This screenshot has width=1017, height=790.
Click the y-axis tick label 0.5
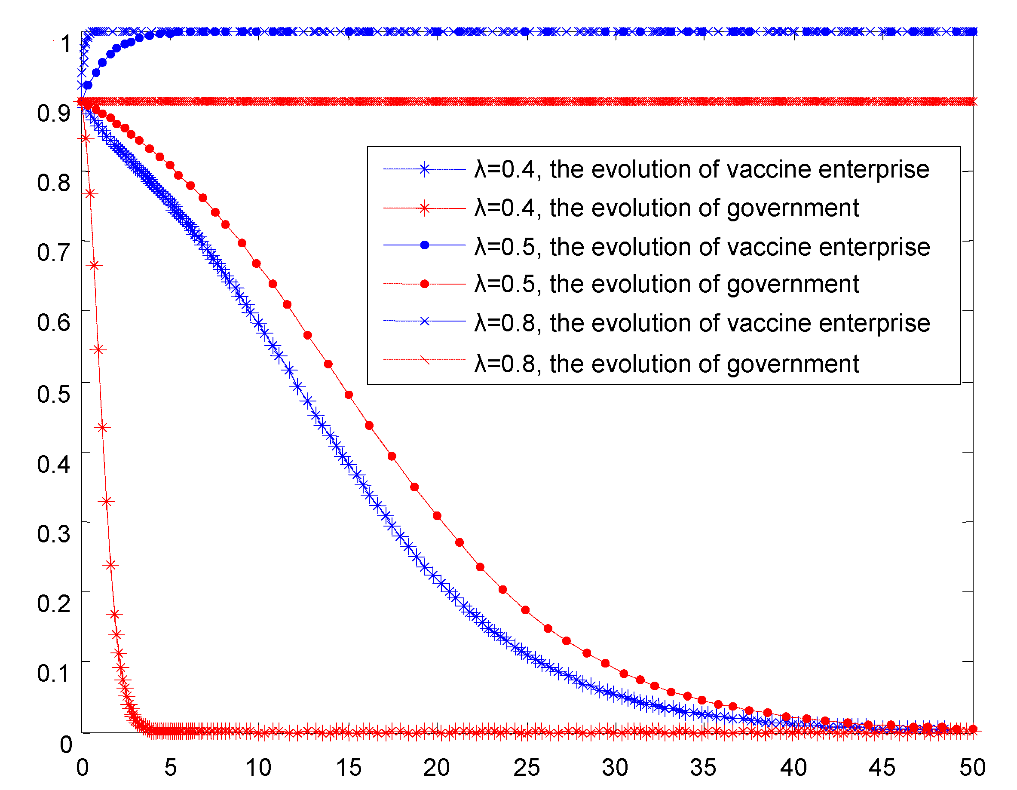click(x=54, y=394)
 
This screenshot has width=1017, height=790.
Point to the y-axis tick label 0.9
click(x=54, y=113)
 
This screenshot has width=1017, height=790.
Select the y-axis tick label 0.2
click(x=54, y=604)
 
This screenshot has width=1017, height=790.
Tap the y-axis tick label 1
click(x=66, y=44)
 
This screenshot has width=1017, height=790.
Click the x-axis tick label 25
click(x=527, y=768)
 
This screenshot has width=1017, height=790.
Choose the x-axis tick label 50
click(x=972, y=768)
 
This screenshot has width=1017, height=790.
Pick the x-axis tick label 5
click(x=170, y=768)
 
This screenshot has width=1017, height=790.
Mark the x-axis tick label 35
click(x=703, y=768)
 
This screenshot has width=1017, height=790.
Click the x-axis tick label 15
click(x=349, y=768)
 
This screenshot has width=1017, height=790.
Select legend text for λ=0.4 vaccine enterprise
click(x=702, y=169)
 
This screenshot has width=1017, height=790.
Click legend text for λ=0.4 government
click(x=667, y=208)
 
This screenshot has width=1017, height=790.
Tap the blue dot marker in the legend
click(x=424, y=245)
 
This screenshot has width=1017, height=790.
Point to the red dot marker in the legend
click(x=424, y=284)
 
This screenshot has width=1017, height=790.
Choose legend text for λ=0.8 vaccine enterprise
click(x=702, y=323)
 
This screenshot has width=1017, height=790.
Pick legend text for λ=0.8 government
click(x=667, y=364)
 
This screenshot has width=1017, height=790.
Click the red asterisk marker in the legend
click(x=424, y=208)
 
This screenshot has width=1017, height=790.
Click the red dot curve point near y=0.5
click(x=349, y=395)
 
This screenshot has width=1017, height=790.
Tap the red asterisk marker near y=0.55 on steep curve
click(x=98, y=349)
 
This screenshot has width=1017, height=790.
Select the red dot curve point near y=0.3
click(x=437, y=516)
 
